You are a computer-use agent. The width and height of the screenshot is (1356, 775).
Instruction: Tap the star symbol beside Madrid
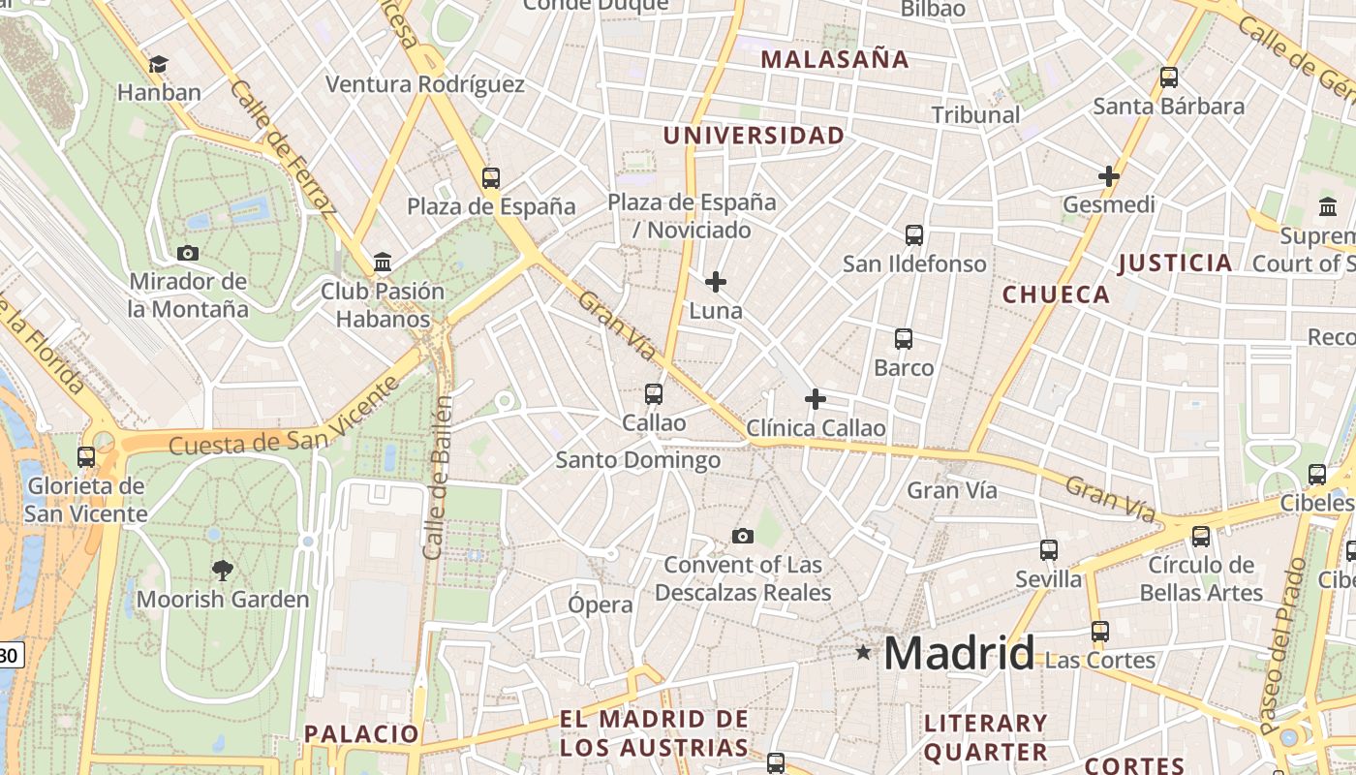(863, 653)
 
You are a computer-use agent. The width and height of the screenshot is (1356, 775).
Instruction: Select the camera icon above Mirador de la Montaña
(188, 253)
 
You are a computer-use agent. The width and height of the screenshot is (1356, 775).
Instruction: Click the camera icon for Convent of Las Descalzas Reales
(743, 536)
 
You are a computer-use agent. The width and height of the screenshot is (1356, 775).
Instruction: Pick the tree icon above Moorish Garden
(223, 570)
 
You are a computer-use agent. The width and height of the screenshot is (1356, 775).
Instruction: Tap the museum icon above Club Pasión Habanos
(383, 262)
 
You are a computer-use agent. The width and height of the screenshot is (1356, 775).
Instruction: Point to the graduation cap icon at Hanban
(158, 65)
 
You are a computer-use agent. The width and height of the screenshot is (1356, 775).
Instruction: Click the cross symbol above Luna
(716, 282)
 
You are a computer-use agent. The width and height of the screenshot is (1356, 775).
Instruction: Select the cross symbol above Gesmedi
(1109, 176)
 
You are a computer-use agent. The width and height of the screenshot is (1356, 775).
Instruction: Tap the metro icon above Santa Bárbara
(1169, 77)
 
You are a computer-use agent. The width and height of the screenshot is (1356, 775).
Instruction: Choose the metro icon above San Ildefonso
(914, 234)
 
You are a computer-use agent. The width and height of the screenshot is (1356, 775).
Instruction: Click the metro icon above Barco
(904, 338)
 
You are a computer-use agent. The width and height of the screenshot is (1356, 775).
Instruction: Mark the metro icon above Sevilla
(1049, 549)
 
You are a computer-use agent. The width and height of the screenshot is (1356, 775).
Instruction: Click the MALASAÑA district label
(835, 59)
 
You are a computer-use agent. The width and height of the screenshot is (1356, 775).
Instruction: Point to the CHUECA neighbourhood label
(1056, 294)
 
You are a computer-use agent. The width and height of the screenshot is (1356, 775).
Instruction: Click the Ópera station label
(601, 604)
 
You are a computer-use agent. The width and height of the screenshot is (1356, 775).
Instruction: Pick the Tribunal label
(975, 114)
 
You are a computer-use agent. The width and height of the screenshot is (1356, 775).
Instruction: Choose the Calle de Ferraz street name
(283, 145)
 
